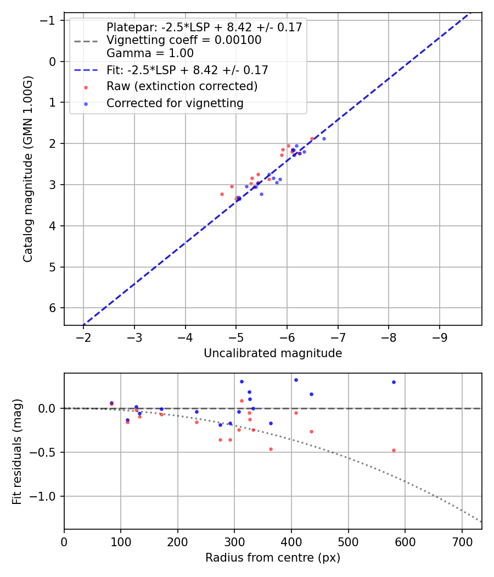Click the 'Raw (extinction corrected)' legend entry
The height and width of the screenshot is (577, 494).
[182, 87]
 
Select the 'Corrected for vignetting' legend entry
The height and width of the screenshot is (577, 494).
[175, 103]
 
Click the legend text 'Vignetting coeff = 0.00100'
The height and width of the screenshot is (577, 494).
[183, 40]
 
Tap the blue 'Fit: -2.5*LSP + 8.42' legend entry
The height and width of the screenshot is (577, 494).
[187, 70]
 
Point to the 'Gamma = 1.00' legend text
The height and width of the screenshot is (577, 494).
[150, 53]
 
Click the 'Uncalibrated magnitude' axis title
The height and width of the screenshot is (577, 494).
[273, 353]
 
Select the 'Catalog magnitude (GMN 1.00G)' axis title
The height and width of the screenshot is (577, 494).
[29, 169]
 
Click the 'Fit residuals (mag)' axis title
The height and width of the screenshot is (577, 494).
[17, 451]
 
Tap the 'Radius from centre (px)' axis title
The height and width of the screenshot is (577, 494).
[273, 558]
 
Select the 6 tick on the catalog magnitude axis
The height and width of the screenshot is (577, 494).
[53, 308]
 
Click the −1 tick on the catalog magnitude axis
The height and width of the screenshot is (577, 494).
[50, 20]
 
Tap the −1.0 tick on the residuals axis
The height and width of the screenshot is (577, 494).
[47, 496]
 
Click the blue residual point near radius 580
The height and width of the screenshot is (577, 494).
[394, 382]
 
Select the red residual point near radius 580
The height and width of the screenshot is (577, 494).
[394, 450]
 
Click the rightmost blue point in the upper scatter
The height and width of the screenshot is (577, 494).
[324, 138]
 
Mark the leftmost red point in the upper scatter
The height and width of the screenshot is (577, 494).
[222, 194]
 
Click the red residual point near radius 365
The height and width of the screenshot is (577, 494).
[271, 449]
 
